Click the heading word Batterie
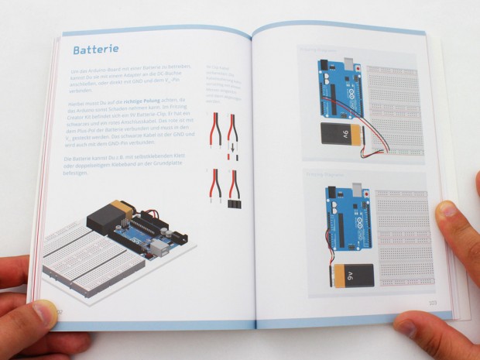95,50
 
